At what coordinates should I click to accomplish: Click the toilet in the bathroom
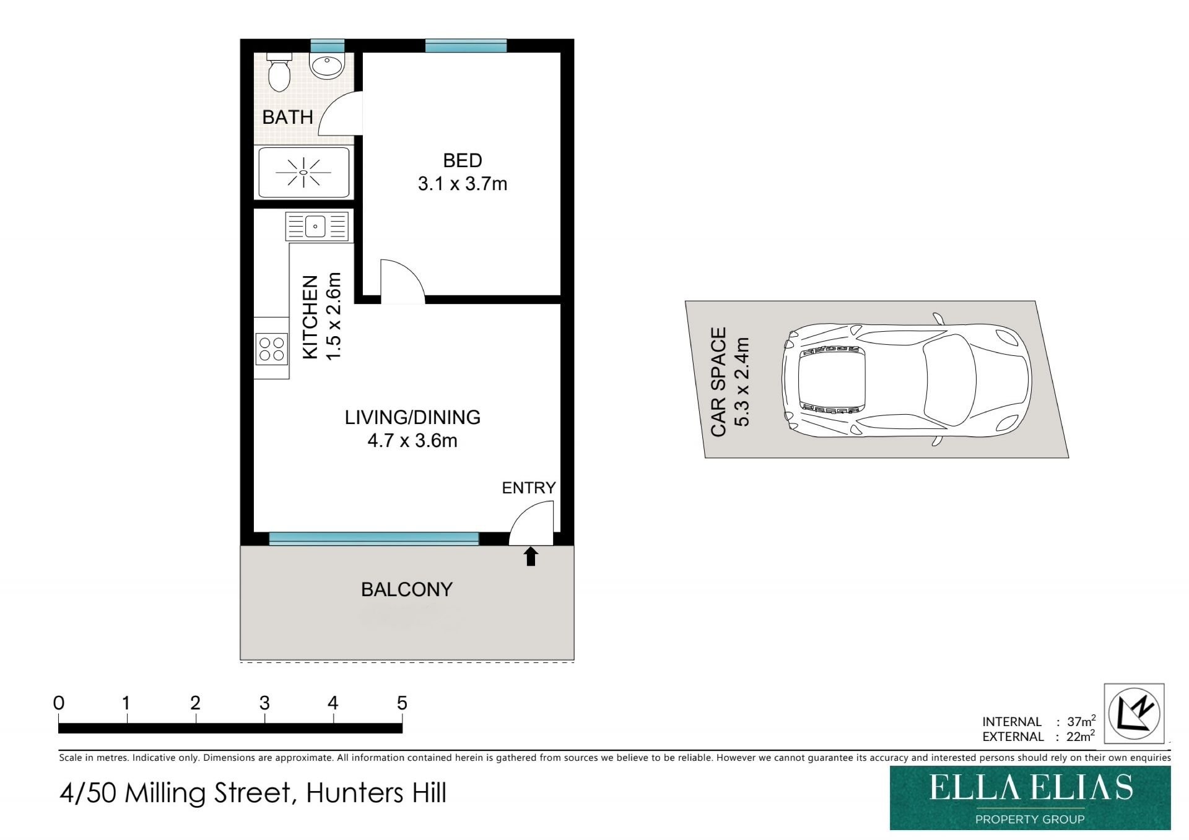[x=279, y=72]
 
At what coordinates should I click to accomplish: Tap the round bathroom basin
[x=326, y=66]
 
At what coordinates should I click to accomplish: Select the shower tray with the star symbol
[x=303, y=172]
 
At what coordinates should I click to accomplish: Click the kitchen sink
[x=316, y=226]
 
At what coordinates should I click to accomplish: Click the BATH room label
[x=287, y=117]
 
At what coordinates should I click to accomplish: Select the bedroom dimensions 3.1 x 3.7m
[x=463, y=184]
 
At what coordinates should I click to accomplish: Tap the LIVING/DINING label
[x=412, y=417]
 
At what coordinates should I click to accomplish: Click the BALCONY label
[x=407, y=589]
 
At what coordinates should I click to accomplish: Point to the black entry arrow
[x=531, y=556]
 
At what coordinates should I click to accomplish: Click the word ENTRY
[x=529, y=488]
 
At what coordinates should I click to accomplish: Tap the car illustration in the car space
[x=907, y=379]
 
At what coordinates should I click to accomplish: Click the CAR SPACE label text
[x=718, y=382]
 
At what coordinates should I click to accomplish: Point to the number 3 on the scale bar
[x=264, y=703]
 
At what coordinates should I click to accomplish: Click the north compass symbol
[x=1135, y=712]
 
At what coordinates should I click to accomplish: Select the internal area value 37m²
[x=1081, y=721]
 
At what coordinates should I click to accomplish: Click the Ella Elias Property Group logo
[x=1030, y=798]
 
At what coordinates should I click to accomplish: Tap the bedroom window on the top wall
[x=466, y=46]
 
